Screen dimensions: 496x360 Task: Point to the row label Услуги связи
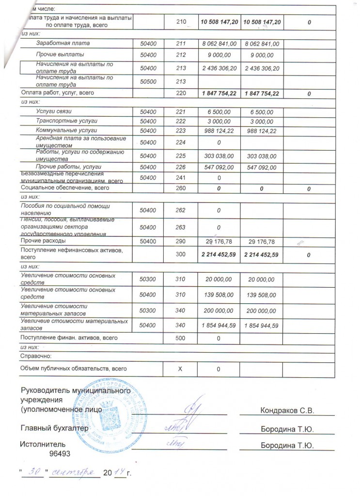(54, 111)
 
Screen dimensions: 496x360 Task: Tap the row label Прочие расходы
(43, 241)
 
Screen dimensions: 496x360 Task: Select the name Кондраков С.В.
(288, 410)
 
